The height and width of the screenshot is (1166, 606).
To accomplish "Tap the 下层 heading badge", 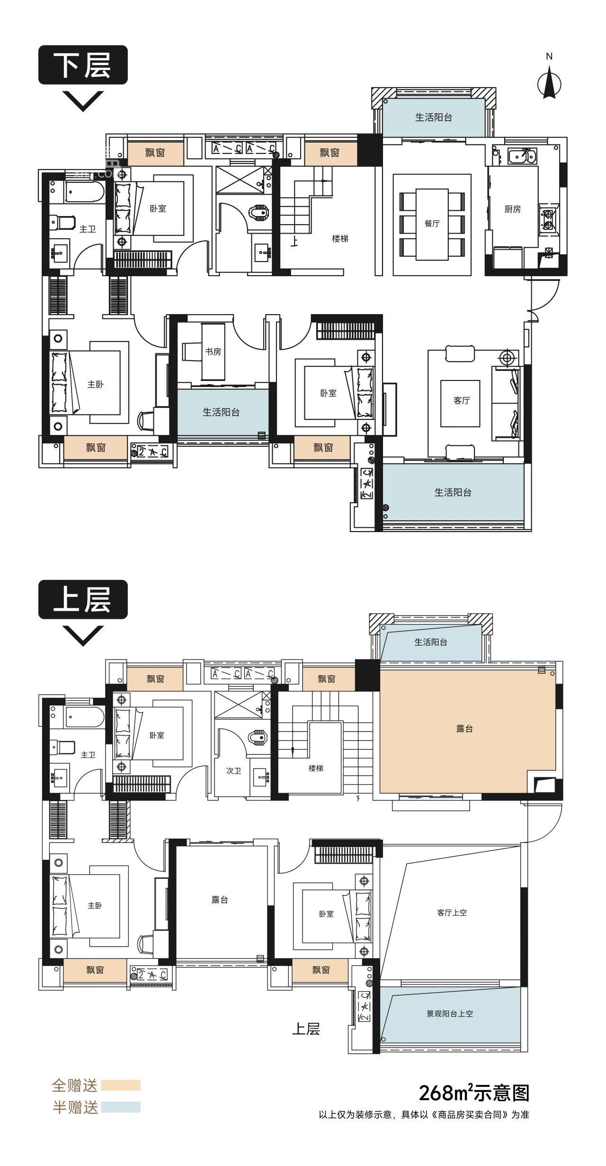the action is [x=83, y=65].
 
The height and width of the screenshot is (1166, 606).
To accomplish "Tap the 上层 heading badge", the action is [x=83, y=599].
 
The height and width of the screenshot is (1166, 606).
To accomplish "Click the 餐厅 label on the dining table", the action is [x=432, y=224].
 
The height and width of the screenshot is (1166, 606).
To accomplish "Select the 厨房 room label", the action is [x=513, y=209].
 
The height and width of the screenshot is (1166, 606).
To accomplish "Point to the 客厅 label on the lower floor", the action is [x=462, y=400].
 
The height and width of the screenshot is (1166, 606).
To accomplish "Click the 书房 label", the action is [x=213, y=352].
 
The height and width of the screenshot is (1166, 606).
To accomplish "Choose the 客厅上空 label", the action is [x=452, y=913].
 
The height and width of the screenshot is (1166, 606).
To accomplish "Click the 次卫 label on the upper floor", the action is [x=234, y=771].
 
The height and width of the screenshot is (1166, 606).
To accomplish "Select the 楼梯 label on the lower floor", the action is [x=340, y=239].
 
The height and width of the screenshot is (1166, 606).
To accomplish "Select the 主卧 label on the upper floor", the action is [x=95, y=905].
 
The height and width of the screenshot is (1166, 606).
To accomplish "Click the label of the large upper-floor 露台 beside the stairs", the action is [x=464, y=729].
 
